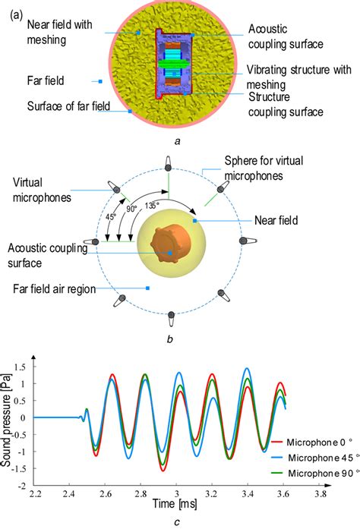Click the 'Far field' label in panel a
[49, 78]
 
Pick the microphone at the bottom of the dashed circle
[172, 316]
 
